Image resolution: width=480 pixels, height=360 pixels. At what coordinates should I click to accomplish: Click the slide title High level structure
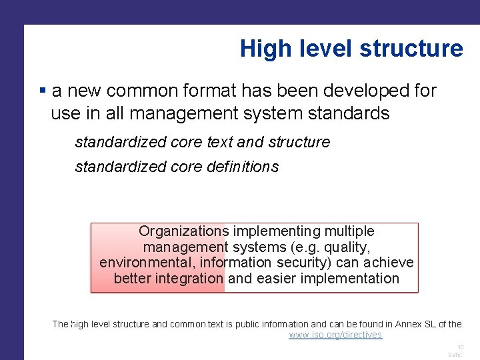pyautogui.click(x=351, y=49)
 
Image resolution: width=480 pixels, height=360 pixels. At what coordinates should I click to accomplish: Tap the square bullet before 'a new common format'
pyautogui.click(x=43, y=90)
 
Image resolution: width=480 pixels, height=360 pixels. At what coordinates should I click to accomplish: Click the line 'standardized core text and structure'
pyautogui.click(x=202, y=142)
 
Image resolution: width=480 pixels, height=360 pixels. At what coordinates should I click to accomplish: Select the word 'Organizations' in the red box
pyautogui.click(x=183, y=231)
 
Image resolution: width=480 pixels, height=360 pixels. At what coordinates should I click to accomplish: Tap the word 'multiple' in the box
pyautogui.click(x=349, y=231)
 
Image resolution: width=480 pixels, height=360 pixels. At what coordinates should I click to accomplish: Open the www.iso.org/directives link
pyautogui.click(x=335, y=335)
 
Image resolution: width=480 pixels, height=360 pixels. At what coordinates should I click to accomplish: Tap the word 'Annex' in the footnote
pyautogui.click(x=410, y=324)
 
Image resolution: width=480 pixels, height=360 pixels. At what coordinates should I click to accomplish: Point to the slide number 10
pyautogui.click(x=460, y=347)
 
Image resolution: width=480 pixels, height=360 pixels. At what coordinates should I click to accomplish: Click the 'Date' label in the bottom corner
pyautogui.click(x=455, y=355)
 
